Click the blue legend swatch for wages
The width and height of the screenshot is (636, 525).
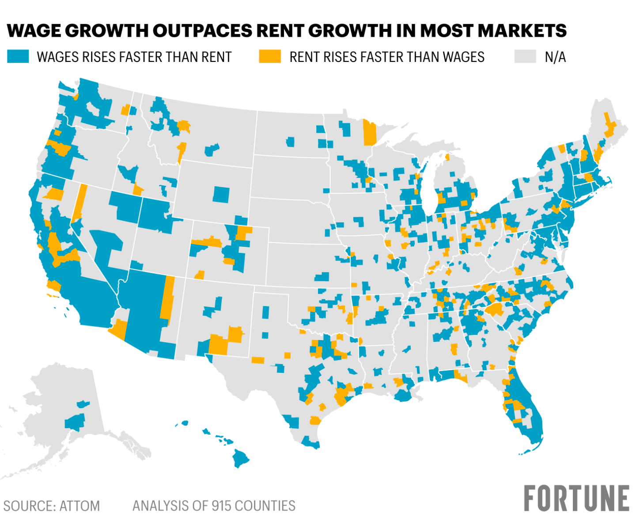[18, 57]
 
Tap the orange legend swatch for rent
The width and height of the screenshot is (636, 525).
[270, 57]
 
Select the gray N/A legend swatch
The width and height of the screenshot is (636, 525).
[525, 57]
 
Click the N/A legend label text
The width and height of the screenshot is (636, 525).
[555, 57]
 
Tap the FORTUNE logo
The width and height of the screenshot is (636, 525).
[576, 498]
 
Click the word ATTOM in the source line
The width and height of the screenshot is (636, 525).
[79, 506]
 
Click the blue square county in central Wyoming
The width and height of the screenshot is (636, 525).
[221, 195]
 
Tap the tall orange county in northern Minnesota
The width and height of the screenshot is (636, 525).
[369, 132]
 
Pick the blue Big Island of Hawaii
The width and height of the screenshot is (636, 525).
[241, 458]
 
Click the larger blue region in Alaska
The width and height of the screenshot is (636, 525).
[75, 422]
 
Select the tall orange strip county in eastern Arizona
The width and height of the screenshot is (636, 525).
[168, 297]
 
